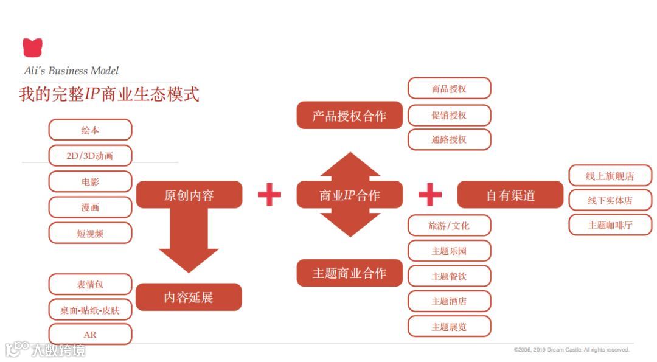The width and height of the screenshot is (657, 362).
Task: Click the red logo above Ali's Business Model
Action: point(32,47)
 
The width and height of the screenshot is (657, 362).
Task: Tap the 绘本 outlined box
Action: point(90,130)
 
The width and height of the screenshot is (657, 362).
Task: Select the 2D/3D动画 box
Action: point(90,156)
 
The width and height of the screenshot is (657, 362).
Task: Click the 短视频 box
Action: point(90,233)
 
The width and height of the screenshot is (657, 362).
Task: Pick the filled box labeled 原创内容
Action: point(189,195)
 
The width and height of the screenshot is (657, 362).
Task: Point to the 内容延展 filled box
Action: point(189,298)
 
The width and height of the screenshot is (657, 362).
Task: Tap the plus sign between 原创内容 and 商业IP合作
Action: point(269,195)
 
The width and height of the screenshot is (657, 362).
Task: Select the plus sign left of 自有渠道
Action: point(430,195)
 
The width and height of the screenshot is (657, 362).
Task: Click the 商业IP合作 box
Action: point(350,195)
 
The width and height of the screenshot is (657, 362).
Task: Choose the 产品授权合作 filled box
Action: point(350,116)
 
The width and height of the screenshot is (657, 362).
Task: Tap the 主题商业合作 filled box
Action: point(350,273)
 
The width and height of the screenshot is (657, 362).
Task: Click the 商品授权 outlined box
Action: point(449,89)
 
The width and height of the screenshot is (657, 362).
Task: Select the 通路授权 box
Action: point(449,139)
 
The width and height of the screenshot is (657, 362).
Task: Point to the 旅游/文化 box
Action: point(449,226)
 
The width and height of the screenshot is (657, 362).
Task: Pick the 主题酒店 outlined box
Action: point(449,301)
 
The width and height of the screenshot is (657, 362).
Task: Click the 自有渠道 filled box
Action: point(510,195)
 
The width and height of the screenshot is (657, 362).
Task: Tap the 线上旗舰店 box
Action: point(610,176)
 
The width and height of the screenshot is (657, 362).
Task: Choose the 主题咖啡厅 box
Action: point(610,225)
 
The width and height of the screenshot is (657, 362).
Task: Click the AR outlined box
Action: point(90,335)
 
